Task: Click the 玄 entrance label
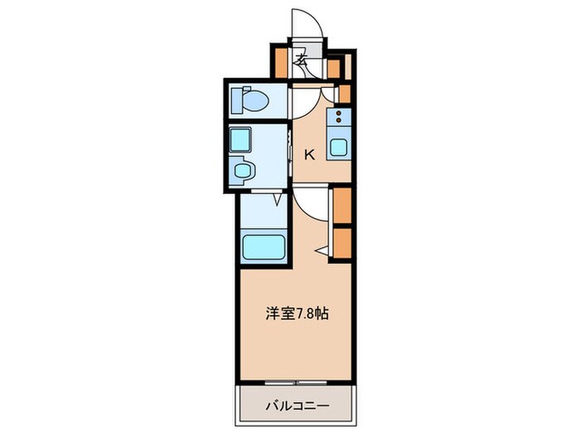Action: (303, 60)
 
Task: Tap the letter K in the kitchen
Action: (310, 153)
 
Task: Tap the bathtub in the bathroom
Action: (262, 246)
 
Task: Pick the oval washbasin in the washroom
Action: (243, 172)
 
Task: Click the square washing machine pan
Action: (240, 139)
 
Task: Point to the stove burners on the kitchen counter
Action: (338, 116)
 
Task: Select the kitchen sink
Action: (339, 148)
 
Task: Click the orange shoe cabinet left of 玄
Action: (280, 61)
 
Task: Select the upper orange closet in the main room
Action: (340, 205)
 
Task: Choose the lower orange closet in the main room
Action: (340, 241)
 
